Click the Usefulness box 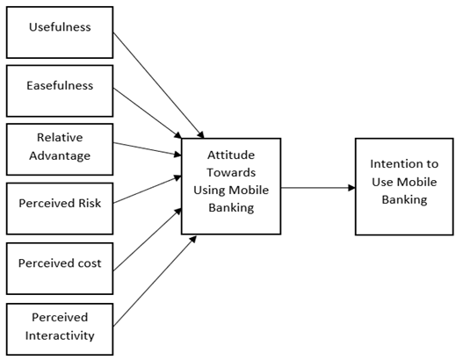coord(60,32)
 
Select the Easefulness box coord(60,91)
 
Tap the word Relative coord(60,137)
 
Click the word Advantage coord(60,155)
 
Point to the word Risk coord(90,203)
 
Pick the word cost coord(90,263)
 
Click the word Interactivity coord(60,335)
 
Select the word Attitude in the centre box coord(231,155)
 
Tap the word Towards coord(231,172)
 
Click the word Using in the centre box coord(209,191)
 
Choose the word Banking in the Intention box coord(404,199)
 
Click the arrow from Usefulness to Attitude coord(158,85)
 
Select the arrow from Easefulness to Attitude coord(148,113)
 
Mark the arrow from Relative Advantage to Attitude coord(148,148)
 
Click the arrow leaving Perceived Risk coord(148,189)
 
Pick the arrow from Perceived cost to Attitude coord(148,239)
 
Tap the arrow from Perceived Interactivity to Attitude coord(155,281)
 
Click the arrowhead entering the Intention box coord(351,188)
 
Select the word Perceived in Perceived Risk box coord(47,203)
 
